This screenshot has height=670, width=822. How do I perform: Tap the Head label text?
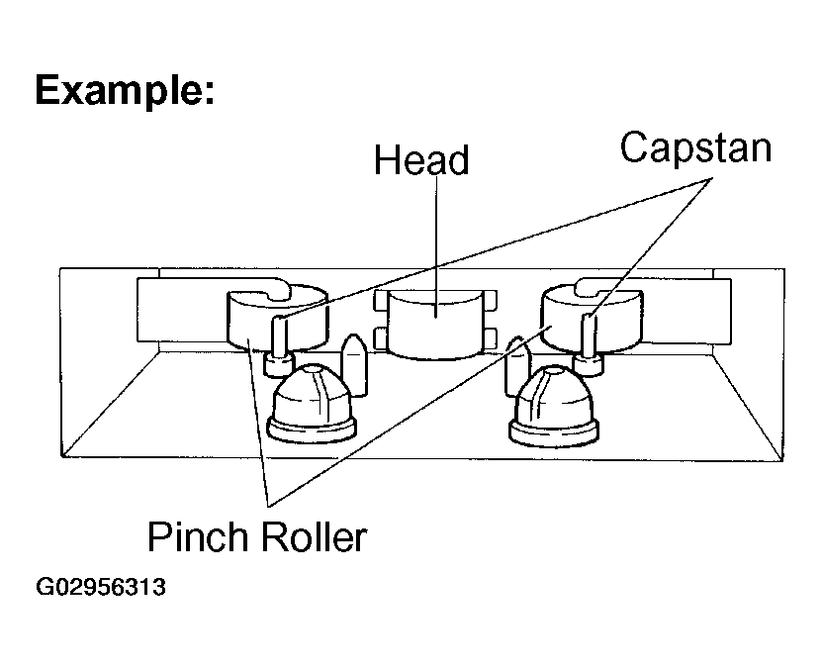tap(421, 160)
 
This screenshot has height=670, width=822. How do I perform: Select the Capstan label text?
tap(695, 149)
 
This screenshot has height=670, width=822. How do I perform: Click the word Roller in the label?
tap(314, 536)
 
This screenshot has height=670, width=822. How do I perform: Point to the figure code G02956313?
tap(101, 587)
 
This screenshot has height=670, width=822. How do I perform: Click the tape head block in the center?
tap(435, 325)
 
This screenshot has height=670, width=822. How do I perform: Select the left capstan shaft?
tap(279, 336)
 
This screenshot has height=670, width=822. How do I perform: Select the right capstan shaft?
tap(589, 335)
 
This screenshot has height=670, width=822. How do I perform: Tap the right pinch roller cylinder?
tap(593, 318)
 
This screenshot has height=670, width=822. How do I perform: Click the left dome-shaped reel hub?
tap(313, 403)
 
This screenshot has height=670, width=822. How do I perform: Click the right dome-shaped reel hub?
tap(554, 406)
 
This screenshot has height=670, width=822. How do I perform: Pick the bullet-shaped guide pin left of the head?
tap(354, 364)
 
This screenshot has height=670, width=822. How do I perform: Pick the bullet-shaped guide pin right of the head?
tap(517, 366)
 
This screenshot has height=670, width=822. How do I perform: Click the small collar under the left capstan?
tap(279, 364)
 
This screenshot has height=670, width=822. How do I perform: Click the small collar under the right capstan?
tap(589, 364)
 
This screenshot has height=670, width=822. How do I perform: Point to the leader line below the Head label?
tap(436, 246)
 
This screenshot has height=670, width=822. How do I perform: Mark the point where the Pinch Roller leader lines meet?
tap(269, 506)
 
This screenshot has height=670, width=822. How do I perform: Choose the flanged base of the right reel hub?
tap(554, 432)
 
